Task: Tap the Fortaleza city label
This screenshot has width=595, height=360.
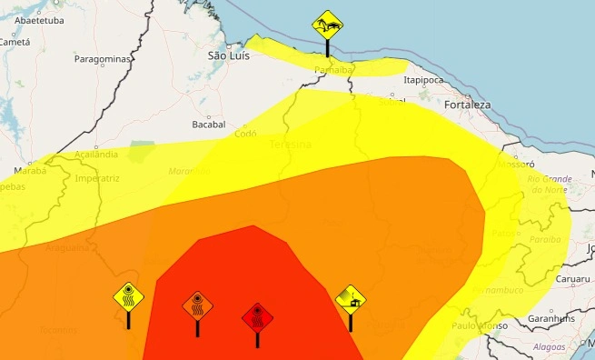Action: pyautogui.click(x=467, y=105)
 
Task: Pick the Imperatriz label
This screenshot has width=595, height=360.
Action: pyautogui.click(x=98, y=178)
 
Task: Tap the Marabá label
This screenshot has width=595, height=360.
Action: pyautogui.click(x=30, y=169)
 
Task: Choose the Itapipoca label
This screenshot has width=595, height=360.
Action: pyautogui.click(x=424, y=80)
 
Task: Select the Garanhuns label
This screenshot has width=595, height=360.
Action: pyautogui.click(x=551, y=319)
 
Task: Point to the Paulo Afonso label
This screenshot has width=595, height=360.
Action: pyautogui.click(x=477, y=325)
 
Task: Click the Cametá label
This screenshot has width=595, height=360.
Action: pyautogui.click(x=15, y=42)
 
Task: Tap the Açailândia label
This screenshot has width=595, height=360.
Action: pyautogui.click(x=96, y=155)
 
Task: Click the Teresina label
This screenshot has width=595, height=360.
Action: pyautogui.click(x=290, y=145)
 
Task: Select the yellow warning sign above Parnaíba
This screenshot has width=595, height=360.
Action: pyautogui.click(x=327, y=25)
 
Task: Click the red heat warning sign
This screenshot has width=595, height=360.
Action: pyautogui.click(x=258, y=318)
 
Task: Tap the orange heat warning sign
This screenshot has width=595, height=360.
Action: pyautogui.click(x=197, y=305)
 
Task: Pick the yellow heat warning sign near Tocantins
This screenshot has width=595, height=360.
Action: pyautogui.click(x=128, y=297)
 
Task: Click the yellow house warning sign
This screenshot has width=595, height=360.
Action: pyautogui.click(x=351, y=297)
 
